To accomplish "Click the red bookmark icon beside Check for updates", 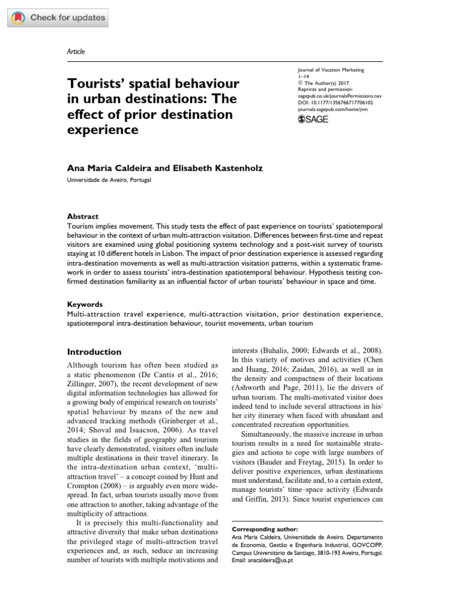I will pos(19,17).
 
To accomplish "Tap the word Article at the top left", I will pos(75,52).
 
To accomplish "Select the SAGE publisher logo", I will pos(313,120).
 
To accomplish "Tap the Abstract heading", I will pos(83,216).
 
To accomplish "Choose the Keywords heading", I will pos(85,304).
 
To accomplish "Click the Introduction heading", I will pos(94,352).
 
